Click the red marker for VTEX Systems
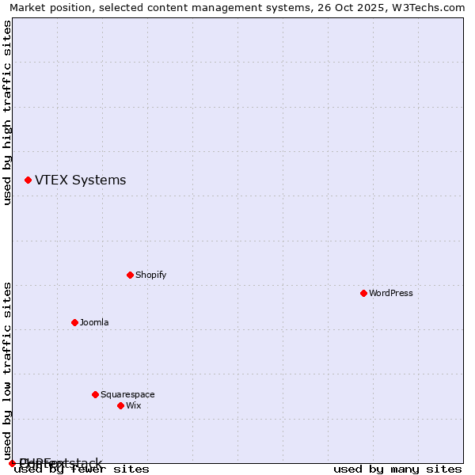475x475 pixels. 28,180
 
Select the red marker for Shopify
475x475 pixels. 130,275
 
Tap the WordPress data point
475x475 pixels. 363,293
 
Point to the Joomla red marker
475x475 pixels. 74,322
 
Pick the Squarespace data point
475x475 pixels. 95,394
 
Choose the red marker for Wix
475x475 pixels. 120,405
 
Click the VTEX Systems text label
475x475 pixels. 80,180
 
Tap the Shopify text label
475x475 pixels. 150,275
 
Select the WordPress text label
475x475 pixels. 390,293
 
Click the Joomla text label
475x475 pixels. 94,322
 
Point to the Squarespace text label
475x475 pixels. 127,394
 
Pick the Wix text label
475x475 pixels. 133,405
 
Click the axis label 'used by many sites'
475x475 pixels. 397,469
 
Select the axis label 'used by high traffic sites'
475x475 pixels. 8,112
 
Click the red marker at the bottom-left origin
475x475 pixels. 12,463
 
